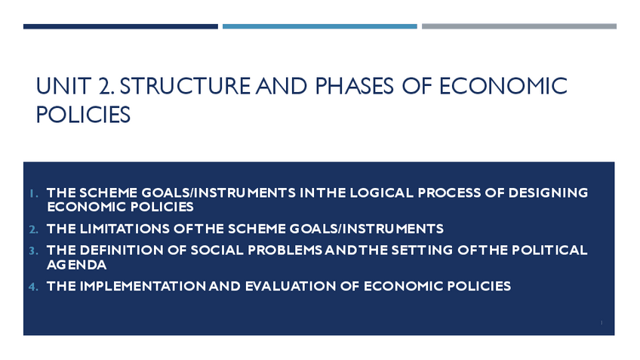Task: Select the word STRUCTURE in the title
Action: point(185,86)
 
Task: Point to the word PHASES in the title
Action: point(354,86)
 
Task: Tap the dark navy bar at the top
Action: point(121,26)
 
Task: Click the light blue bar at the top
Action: point(319,26)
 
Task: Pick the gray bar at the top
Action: point(519,26)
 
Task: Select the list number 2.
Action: point(33,229)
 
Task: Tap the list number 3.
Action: point(33,251)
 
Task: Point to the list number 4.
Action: point(33,287)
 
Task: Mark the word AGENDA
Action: point(77,264)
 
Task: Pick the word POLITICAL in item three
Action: point(549,250)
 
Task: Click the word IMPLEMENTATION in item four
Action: point(143,286)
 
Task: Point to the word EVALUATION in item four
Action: point(291,286)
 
